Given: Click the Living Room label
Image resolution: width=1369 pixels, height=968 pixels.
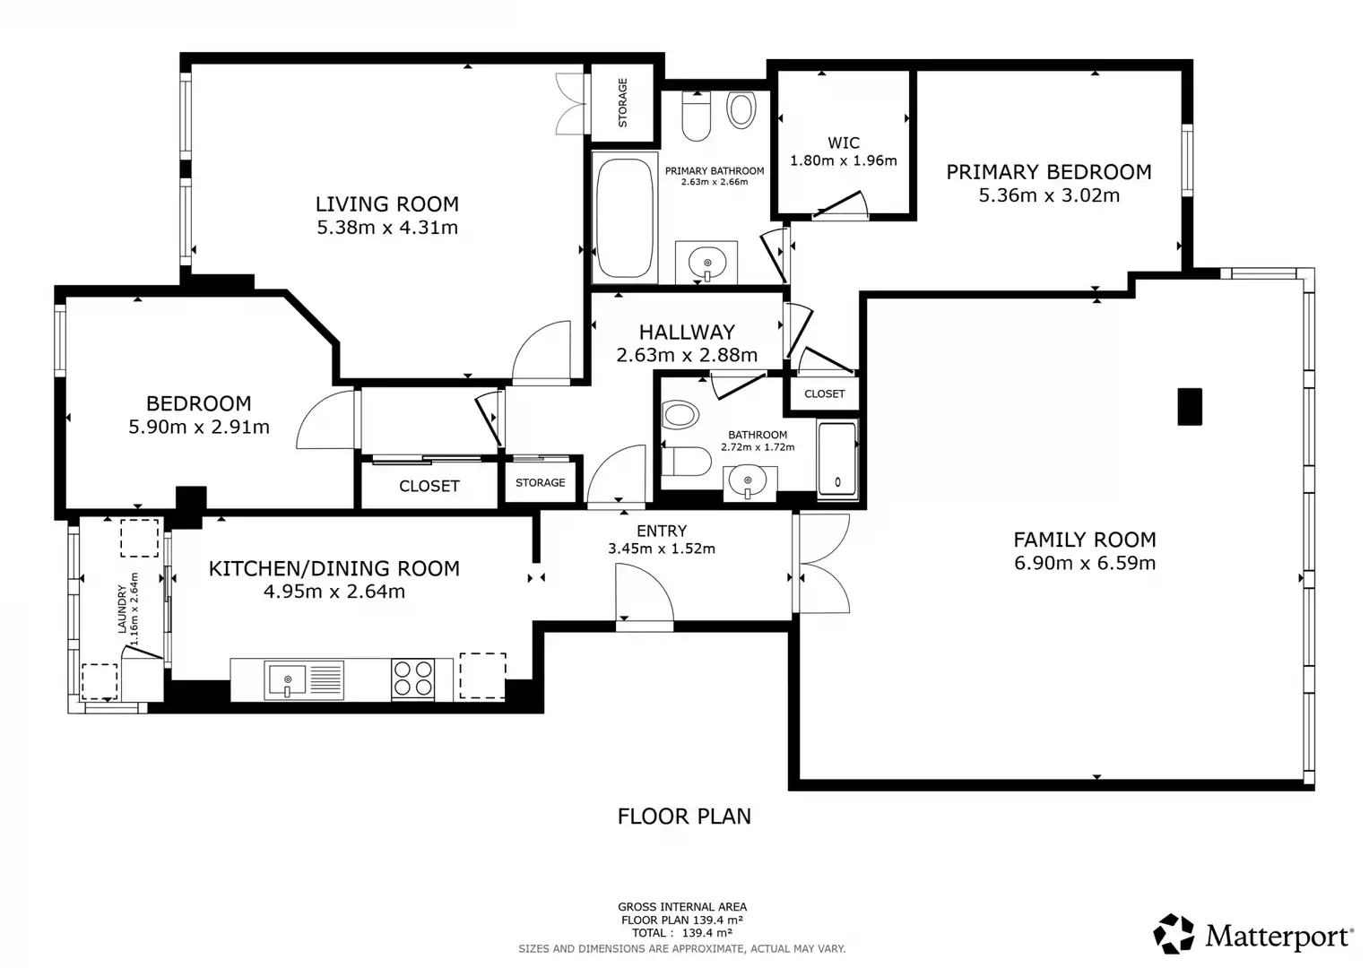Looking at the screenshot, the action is tap(387, 204).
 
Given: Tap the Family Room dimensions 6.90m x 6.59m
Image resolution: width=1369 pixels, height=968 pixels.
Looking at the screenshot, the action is tap(1085, 563).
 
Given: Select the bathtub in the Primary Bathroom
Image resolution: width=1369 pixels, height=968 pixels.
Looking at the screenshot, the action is tap(625, 218).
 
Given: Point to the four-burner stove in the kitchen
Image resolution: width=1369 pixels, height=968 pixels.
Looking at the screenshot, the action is tap(413, 679).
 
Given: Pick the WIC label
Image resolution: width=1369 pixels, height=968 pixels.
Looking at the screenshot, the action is tap(844, 143).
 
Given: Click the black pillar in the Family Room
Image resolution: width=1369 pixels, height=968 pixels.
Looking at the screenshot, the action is tap(1190, 406).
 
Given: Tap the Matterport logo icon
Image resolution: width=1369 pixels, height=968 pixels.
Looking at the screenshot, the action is tap(1174, 934).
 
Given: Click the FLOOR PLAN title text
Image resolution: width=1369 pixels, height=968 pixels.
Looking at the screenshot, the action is tap(684, 817).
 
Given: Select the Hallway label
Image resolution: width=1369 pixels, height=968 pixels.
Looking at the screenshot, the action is tap(687, 333).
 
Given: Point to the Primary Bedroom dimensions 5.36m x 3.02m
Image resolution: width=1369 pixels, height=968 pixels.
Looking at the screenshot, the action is tap(1049, 195).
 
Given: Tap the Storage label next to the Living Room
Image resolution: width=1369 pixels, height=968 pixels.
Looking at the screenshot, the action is tap(623, 103).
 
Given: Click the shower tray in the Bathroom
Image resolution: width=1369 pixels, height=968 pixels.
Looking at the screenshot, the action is tap(837, 458).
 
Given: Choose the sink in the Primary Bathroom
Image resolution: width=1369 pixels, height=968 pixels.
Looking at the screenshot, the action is tap(706, 263).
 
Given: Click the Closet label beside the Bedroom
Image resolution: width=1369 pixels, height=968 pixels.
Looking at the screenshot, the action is tap(429, 487).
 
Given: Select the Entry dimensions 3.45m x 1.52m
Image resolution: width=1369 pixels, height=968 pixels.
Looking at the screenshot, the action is tap(662, 549).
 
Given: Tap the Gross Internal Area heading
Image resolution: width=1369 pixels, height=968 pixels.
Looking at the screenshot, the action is tap(682, 907).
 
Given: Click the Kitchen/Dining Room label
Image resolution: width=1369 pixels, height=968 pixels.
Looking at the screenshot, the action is tap(334, 569).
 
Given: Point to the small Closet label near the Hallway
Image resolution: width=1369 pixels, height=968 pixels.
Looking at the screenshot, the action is tap(825, 394).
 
